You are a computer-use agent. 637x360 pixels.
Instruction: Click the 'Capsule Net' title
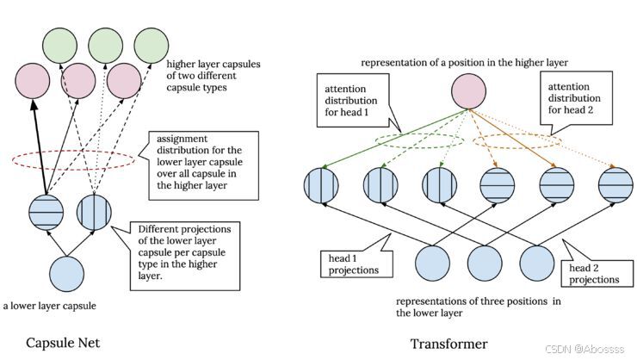(x=63, y=343)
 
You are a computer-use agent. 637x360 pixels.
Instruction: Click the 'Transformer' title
(x=448, y=344)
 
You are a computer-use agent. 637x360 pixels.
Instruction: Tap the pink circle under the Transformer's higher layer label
(x=468, y=91)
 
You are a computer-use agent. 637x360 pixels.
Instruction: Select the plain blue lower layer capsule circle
(x=66, y=274)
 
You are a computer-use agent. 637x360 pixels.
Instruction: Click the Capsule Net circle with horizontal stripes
(x=46, y=213)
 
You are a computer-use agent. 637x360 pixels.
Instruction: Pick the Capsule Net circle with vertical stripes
(x=94, y=213)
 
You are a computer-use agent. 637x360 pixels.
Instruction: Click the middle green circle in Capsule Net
(x=106, y=46)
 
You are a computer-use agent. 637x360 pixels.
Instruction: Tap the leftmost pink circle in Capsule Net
(x=33, y=80)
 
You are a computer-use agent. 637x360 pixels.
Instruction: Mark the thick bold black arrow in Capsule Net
(x=40, y=146)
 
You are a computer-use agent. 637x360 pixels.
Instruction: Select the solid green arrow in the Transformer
(x=394, y=139)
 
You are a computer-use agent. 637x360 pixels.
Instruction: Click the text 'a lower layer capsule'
(x=50, y=306)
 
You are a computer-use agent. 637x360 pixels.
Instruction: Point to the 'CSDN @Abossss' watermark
(x=584, y=349)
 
